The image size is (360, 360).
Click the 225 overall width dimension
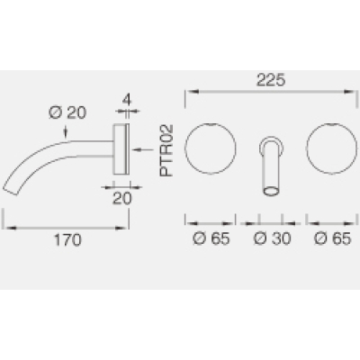coord(270,80)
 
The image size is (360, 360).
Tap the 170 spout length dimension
coord(67,240)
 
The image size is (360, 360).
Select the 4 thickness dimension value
coord(127,100)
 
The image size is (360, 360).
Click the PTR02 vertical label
coord(166,150)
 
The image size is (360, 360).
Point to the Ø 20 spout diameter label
coord(67,113)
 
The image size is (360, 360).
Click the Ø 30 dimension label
coord(273,238)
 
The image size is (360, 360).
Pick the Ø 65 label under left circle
coord(211,238)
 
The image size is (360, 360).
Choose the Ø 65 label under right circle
coord(332,238)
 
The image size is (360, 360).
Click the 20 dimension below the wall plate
coord(122,198)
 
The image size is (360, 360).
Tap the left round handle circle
coord(211,122)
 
